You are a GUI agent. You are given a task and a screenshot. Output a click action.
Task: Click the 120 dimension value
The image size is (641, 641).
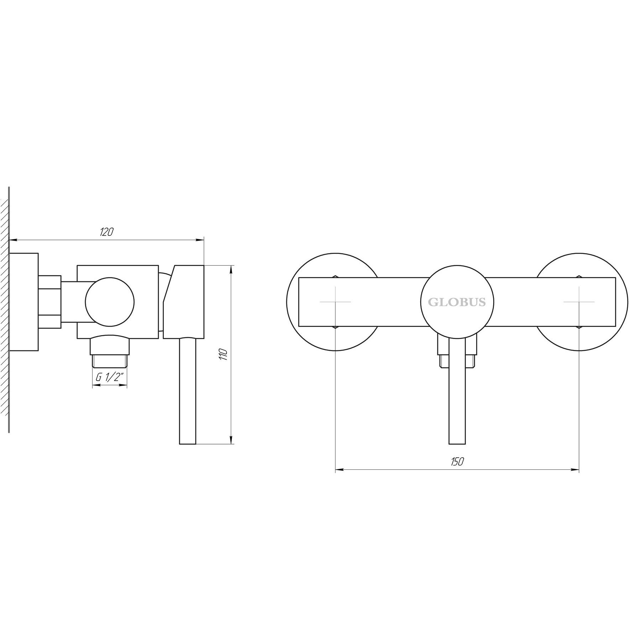point(106,232)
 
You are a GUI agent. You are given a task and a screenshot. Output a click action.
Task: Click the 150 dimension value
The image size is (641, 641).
point(457,462)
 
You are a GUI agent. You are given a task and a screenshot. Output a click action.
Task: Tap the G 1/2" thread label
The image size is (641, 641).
point(110,377)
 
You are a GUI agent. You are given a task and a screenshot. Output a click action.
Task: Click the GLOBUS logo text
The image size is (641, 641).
point(457,302)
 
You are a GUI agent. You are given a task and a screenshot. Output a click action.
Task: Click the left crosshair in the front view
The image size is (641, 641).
point(335,302)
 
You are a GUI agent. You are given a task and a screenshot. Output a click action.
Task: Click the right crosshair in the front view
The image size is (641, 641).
point(579,302)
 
